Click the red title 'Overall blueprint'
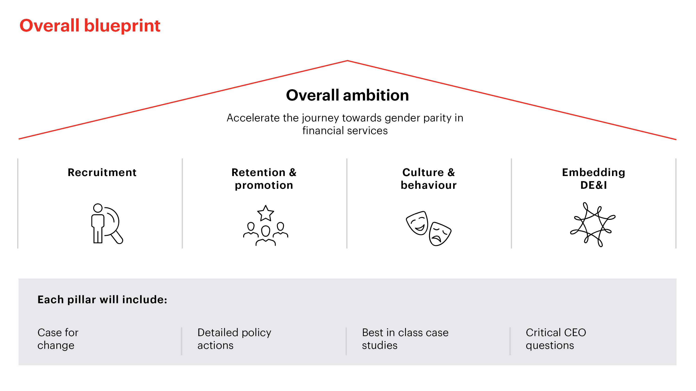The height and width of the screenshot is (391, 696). tap(90, 26)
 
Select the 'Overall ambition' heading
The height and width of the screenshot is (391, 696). tap(348, 95)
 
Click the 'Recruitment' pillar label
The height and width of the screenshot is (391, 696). tap(102, 172)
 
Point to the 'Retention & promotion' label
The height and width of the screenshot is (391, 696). tap(264, 179)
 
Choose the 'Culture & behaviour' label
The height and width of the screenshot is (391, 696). tap(429, 179)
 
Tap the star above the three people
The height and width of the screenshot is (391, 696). tap(266, 213)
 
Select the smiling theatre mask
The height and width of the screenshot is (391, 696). tap(417, 223)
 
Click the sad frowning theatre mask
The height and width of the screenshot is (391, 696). tap(440, 234)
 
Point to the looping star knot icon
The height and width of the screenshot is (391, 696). tap(593, 224)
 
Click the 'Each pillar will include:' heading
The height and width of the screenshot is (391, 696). tap(102, 300)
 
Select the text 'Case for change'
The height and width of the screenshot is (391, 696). tap(58, 339)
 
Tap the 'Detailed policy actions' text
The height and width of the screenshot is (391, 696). tap(234, 339)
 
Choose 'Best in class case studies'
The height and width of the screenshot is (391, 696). tap(405, 339)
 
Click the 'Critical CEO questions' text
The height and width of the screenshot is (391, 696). tap(556, 339)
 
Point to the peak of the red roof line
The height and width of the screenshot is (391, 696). tap(348, 61)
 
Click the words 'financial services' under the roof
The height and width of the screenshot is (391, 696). tap(345, 131)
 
